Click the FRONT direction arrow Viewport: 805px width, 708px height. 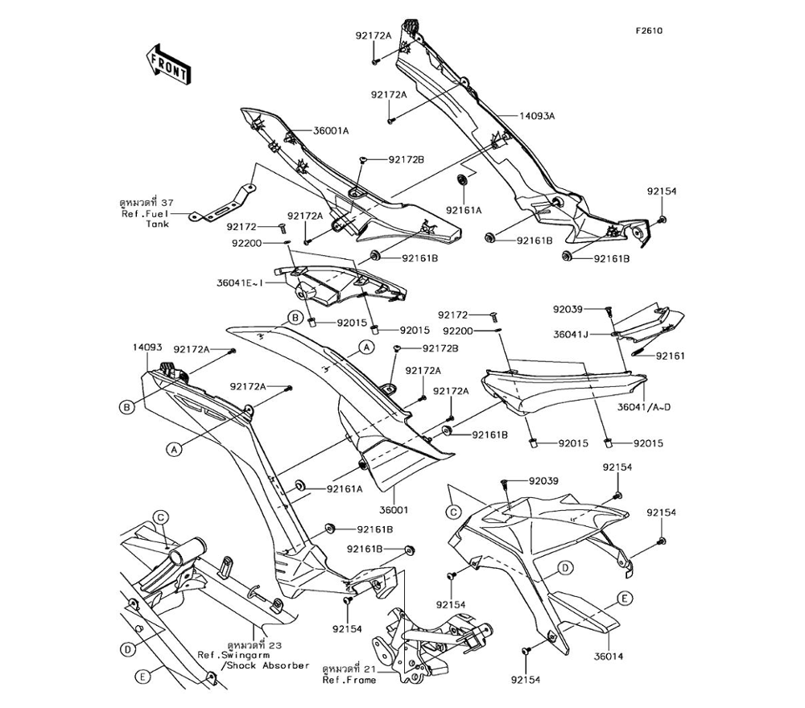click(x=167, y=64)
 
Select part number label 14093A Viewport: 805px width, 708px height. click(x=536, y=115)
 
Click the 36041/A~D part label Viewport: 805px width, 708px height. click(x=644, y=407)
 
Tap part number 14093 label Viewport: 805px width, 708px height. click(x=148, y=348)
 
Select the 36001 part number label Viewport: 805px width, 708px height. click(x=394, y=509)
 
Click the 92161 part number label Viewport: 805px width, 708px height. click(x=671, y=355)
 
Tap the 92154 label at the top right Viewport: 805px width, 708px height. click(x=662, y=192)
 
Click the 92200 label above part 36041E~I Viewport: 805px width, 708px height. click(x=248, y=241)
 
